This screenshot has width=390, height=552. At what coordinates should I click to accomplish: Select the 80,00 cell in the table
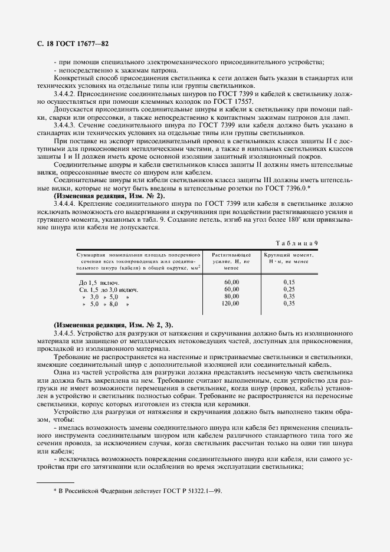tap(231, 297)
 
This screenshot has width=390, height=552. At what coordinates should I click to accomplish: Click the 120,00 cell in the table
tap(230, 304)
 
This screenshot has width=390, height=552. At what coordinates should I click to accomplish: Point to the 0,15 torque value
tap(289, 282)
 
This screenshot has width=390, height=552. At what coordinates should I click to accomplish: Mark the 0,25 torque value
tap(289, 290)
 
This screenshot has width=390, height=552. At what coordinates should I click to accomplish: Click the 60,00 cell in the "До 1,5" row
tap(231, 282)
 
